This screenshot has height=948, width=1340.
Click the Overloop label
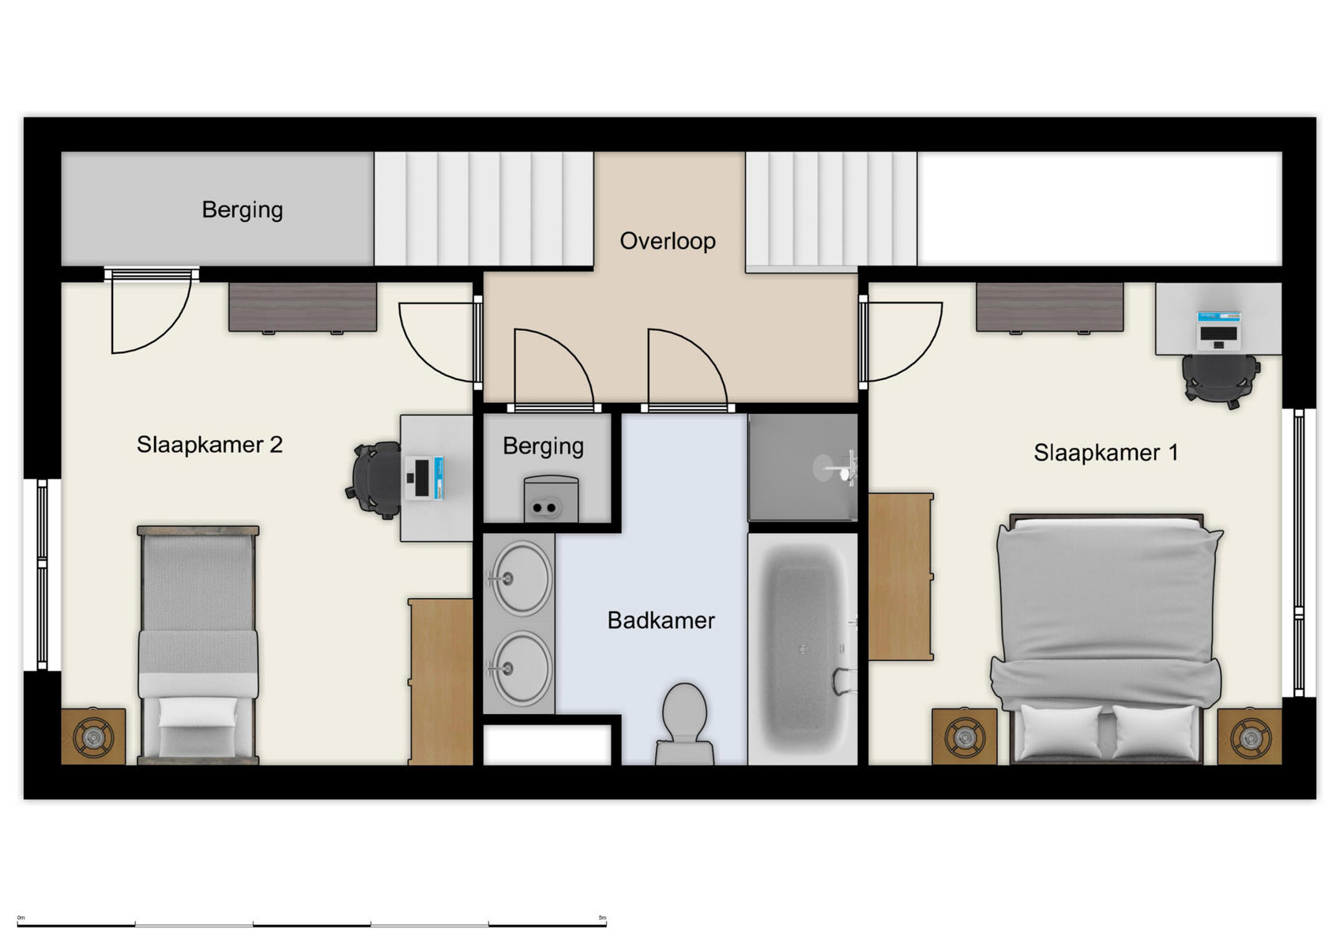pyautogui.click(x=668, y=241)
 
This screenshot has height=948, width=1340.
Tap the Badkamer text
pyautogui.click(x=661, y=621)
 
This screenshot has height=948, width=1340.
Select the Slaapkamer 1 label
pyautogui.click(x=1105, y=453)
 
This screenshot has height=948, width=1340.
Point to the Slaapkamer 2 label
pyautogui.click(x=209, y=445)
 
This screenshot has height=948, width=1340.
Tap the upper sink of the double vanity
pyautogui.click(x=519, y=579)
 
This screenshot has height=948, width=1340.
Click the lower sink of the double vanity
pyautogui.click(x=519, y=668)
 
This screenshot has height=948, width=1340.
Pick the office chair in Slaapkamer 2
pyautogui.click(x=375, y=480)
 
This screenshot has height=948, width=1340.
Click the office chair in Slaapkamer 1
pyautogui.click(x=1220, y=379)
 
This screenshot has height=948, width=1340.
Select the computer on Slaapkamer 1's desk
pyautogui.click(x=1219, y=330)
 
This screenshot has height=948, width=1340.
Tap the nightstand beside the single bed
pyautogui.click(x=93, y=737)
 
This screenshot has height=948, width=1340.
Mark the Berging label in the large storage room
pyautogui.click(x=242, y=210)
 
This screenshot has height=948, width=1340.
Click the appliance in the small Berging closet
pyautogui.click(x=551, y=499)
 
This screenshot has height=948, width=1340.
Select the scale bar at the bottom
pyautogui.click(x=312, y=923)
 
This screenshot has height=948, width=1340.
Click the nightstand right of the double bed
pyautogui.click(x=1249, y=737)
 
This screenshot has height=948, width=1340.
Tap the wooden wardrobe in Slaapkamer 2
pyautogui.click(x=441, y=681)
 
